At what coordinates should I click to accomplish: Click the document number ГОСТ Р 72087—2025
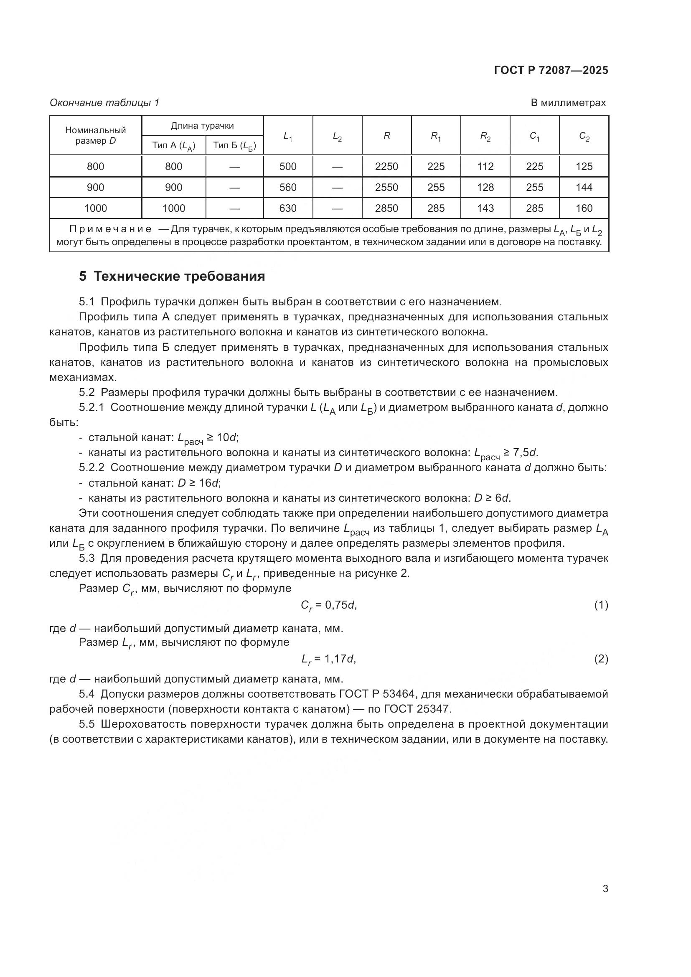click(x=551, y=71)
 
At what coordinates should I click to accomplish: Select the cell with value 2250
click(x=386, y=166)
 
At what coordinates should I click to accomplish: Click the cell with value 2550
click(x=386, y=187)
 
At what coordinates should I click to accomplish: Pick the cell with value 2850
click(x=386, y=208)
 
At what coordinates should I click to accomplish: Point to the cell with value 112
click(x=485, y=166)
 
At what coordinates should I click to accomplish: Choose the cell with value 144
click(x=584, y=187)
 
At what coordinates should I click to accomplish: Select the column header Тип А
click(x=174, y=146)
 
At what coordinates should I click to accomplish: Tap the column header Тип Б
click(x=234, y=146)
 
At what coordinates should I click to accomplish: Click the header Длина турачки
click(x=202, y=126)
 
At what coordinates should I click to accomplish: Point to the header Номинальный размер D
click(x=95, y=135)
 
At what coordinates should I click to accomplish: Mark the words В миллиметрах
click(x=568, y=103)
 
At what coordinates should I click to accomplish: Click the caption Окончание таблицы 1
click(x=104, y=103)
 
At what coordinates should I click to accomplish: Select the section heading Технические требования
click(x=172, y=277)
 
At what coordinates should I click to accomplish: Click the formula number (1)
click(x=601, y=605)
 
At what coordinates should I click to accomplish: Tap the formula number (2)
click(x=601, y=659)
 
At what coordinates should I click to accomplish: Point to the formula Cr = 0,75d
click(x=328, y=606)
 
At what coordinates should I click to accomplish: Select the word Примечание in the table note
click(x=111, y=229)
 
